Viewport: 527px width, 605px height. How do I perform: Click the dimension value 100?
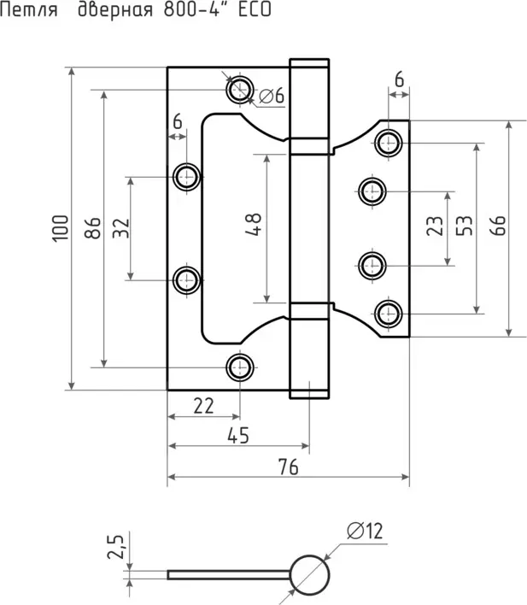(x=59, y=229)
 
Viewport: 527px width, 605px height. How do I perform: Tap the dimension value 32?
(x=120, y=229)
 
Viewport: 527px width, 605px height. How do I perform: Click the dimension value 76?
(x=288, y=467)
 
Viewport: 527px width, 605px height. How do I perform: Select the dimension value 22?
(x=203, y=406)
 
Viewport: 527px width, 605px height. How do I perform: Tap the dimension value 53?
(x=465, y=227)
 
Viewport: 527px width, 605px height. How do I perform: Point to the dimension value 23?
(x=435, y=227)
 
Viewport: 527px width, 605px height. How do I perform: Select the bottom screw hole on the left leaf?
(x=239, y=367)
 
